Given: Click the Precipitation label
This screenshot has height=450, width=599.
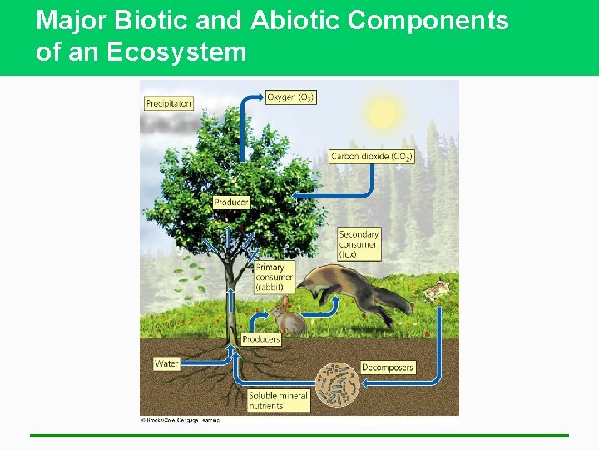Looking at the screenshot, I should pyautogui.click(x=169, y=104).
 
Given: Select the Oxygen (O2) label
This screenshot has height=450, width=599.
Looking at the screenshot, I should pyautogui.click(x=290, y=97).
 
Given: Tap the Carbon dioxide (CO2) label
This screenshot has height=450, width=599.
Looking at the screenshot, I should pyautogui.click(x=371, y=156).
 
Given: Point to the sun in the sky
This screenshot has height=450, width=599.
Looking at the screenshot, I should pyautogui.click(x=382, y=114).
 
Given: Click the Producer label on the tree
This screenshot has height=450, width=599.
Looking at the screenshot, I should pyautogui.click(x=230, y=202).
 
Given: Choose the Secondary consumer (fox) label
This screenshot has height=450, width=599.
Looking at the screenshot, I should pyautogui.click(x=359, y=244).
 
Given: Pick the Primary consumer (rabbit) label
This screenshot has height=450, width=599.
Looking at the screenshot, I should pyautogui.click(x=270, y=277).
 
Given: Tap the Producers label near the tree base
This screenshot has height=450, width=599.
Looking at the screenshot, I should pyautogui.click(x=261, y=339).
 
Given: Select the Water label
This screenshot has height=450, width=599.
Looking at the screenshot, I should pyautogui.click(x=166, y=363).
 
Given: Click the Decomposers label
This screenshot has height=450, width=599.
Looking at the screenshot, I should pyautogui.click(x=387, y=367).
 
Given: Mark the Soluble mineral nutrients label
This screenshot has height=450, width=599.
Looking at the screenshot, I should pyautogui.click(x=278, y=400).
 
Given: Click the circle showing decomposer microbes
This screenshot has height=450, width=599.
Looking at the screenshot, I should pyautogui.click(x=338, y=384).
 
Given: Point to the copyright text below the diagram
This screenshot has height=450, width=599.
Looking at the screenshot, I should pyautogui.click(x=180, y=420).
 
